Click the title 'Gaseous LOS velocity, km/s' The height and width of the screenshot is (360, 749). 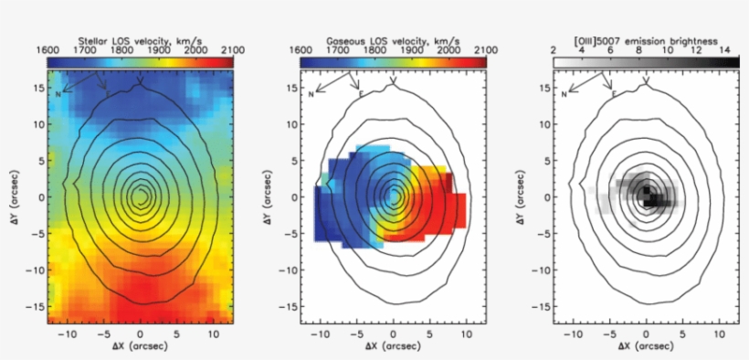tap(393, 40)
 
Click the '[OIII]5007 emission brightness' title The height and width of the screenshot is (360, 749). tap(646, 40)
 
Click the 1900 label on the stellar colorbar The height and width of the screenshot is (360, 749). tap(162, 49)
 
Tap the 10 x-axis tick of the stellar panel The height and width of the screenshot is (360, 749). tap(214, 334)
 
